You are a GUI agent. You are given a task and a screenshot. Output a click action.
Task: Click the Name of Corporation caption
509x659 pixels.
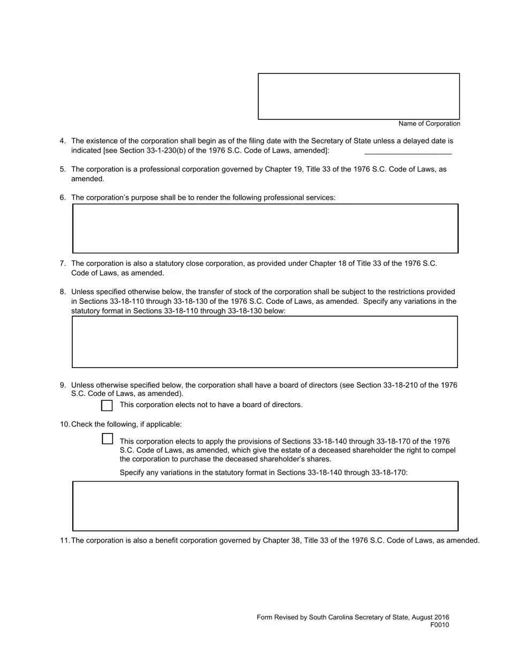pos(429,124)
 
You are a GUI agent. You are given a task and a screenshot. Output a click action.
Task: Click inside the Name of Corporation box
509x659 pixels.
pos(358,96)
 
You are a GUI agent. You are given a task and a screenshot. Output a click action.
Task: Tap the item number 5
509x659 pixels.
pos(63,169)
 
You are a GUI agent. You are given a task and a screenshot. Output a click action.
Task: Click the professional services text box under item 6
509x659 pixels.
pos(265,228)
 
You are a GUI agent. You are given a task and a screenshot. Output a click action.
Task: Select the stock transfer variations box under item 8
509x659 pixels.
pos(265,342)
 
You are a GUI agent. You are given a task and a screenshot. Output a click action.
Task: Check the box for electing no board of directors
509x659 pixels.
pos(107,405)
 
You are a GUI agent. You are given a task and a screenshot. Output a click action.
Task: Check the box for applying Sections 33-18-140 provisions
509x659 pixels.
pos(107,439)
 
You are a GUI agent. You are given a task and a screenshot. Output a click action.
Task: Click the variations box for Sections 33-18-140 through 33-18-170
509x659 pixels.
pos(265,506)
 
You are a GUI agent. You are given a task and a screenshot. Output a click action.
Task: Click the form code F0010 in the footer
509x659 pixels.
pos(439,625)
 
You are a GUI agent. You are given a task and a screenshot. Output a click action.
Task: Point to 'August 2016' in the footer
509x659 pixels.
pos(430,617)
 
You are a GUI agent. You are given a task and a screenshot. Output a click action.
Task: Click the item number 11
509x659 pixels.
pos(65,541)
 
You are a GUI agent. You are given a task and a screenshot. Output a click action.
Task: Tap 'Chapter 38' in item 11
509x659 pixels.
pos(281,541)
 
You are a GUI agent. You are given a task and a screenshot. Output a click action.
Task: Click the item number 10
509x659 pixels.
pos(65,424)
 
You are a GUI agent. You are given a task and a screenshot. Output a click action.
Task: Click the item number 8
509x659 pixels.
pos(63,292)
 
